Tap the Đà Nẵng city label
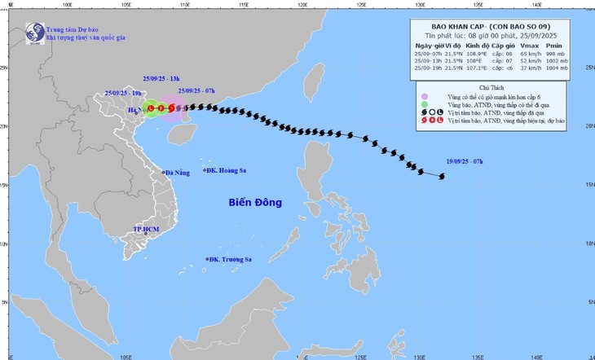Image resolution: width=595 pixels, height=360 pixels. (x=176, y=173)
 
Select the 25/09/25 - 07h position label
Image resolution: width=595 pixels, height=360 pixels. (x=196, y=91)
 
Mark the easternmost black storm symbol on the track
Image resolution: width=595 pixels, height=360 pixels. (x=442, y=176)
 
